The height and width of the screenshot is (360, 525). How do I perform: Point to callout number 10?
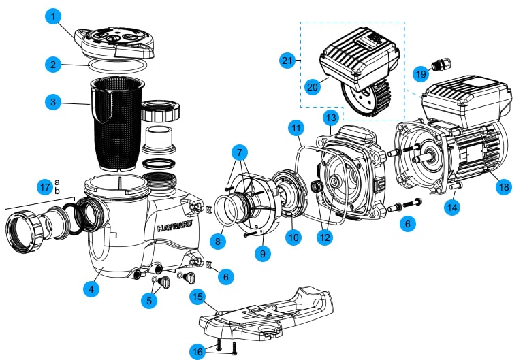pos(293,238)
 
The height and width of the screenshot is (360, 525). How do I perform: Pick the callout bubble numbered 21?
pos(287,61)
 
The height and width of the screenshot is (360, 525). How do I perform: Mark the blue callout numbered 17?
pos(45,187)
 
